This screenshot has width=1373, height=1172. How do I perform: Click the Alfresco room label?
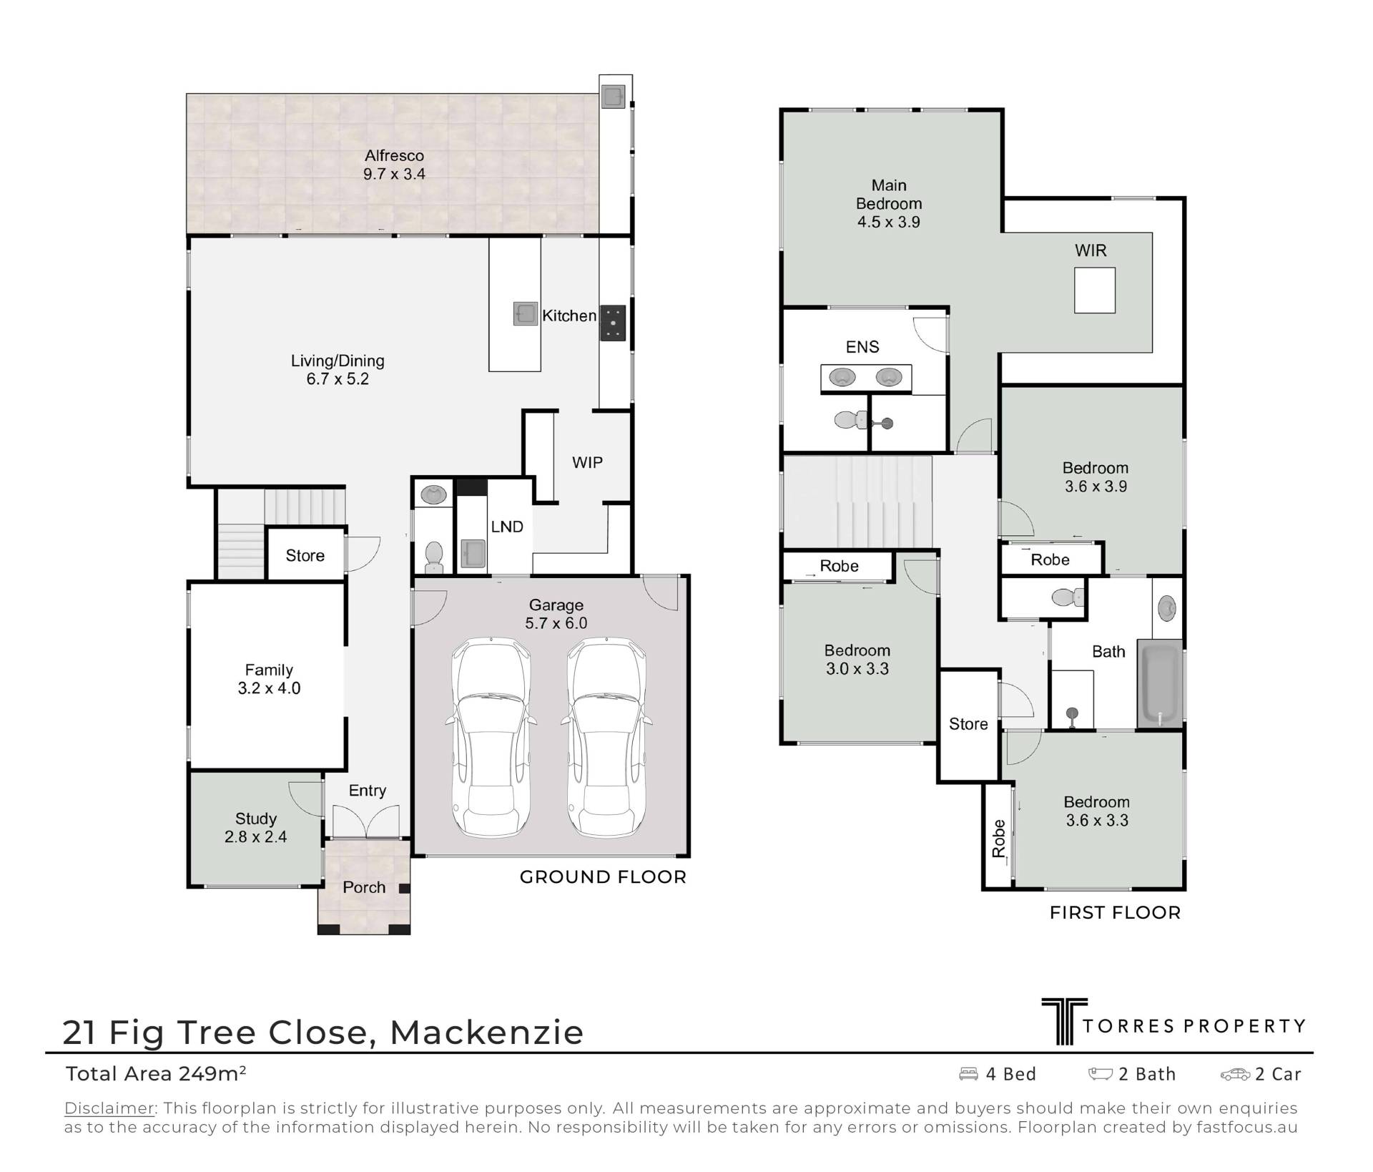click(x=394, y=155)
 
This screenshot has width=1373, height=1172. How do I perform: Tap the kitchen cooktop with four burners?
click(x=613, y=322)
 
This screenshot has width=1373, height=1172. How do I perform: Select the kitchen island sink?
click(x=526, y=313)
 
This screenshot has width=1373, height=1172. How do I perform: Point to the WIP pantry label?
click(x=587, y=462)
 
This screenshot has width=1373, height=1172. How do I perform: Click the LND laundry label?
click(x=507, y=527)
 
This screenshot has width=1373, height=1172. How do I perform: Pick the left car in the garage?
click(x=491, y=738)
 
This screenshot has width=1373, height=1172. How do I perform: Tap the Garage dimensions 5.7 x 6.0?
click(x=556, y=623)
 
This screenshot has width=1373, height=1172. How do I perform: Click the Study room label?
click(x=256, y=819)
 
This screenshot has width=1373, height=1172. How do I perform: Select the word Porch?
click(x=364, y=887)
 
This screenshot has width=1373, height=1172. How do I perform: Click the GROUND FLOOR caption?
click(x=603, y=877)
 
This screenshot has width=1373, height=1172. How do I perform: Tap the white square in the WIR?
click(x=1095, y=290)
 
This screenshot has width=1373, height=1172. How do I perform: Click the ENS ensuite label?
click(x=862, y=347)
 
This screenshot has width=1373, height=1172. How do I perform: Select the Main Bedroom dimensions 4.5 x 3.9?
click(x=889, y=222)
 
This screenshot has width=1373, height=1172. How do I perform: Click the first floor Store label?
click(x=968, y=724)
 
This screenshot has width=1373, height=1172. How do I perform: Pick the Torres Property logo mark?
click(x=1064, y=1021)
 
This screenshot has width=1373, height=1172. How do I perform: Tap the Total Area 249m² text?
click(x=156, y=1073)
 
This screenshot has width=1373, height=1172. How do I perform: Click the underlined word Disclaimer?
click(x=109, y=1108)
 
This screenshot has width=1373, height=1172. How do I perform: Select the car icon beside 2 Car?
click(x=1235, y=1074)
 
